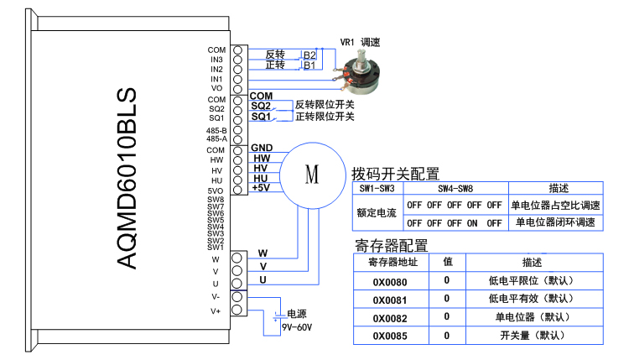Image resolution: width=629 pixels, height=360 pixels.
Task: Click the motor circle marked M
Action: click(x=312, y=175)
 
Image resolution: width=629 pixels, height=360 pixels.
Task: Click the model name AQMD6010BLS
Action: click(x=125, y=180)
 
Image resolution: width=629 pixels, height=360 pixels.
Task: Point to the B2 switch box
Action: click(x=309, y=55)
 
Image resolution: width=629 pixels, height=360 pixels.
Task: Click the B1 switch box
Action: click(x=309, y=65)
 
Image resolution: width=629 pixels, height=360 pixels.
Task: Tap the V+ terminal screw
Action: click(x=238, y=310)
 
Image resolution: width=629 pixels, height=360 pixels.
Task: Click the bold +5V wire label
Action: click(x=261, y=188)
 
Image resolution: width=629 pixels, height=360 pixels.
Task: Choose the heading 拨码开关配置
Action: click(x=397, y=174)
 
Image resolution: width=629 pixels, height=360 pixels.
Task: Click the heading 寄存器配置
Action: click(x=392, y=246)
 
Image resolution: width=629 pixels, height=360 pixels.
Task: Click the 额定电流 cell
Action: click(x=377, y=213)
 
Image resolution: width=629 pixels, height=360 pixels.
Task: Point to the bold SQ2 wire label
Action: click(x=261, y=106)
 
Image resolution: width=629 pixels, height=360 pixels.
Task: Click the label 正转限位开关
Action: click(x=325, y=117)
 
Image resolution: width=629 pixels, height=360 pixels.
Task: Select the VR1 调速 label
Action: click(x=360, y=42)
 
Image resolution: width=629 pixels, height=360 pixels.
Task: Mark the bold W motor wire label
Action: click(x=263, y=253)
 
